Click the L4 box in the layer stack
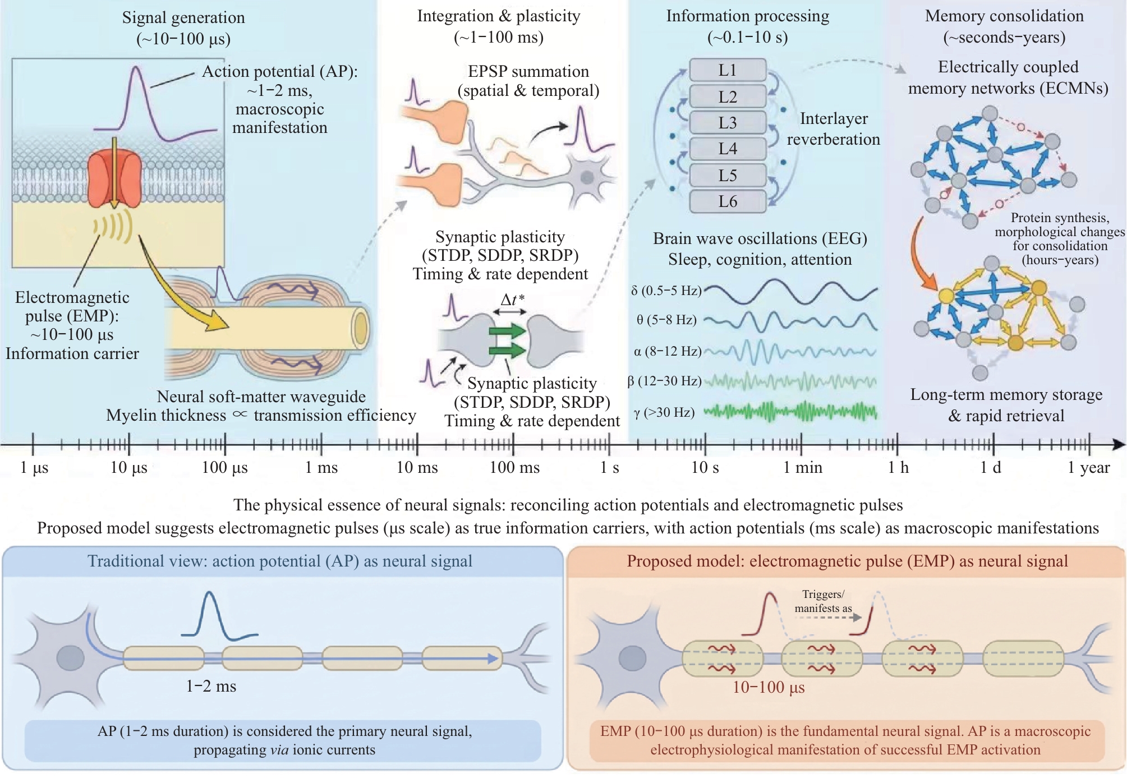[x=728, y=149]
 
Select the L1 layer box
[x=728, y=70]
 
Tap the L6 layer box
[x=728, y=201]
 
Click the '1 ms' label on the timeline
[x=321, y=467]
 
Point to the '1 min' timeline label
[x=803, y=467]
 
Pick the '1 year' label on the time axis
[x=1088, y=467]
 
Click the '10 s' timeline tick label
[x=705, y=467]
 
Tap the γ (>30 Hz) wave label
[x=664, y=413]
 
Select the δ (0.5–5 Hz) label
[x=666, y=291]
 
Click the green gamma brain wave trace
[x=790, y=412]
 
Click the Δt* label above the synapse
[x=513, y=300]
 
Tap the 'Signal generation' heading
[x=183, y=18]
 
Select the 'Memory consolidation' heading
[x=1004, y=16]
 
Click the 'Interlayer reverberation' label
[x=834, y=129]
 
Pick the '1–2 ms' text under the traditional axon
[x=211, y=686]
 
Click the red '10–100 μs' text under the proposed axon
[x=769, y=687]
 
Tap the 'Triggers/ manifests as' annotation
[x=823, y=601]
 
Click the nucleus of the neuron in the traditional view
[x=70, y=658]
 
